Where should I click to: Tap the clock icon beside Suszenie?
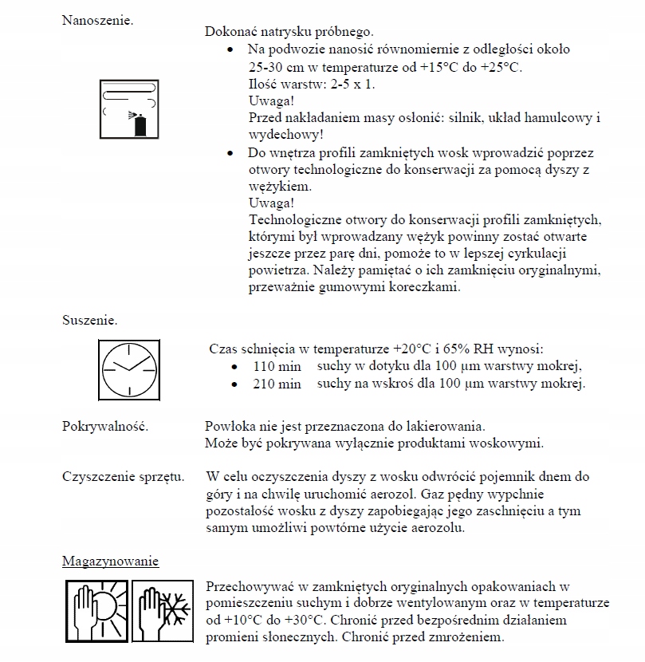(x=128, y=368)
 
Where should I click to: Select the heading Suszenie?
(x=90, y=321)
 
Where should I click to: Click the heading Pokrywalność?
(x=105, y=426)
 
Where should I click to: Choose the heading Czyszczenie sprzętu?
(x=124, y=477)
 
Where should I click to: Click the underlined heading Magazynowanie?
(x=111, y=561)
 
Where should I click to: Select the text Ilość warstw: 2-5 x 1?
(x=311, y=83)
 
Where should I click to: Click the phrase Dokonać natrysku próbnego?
(x=289, y=32)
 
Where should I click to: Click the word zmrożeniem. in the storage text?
(x=467, y=637)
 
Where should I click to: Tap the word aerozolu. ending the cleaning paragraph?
(x=438, y=528)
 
